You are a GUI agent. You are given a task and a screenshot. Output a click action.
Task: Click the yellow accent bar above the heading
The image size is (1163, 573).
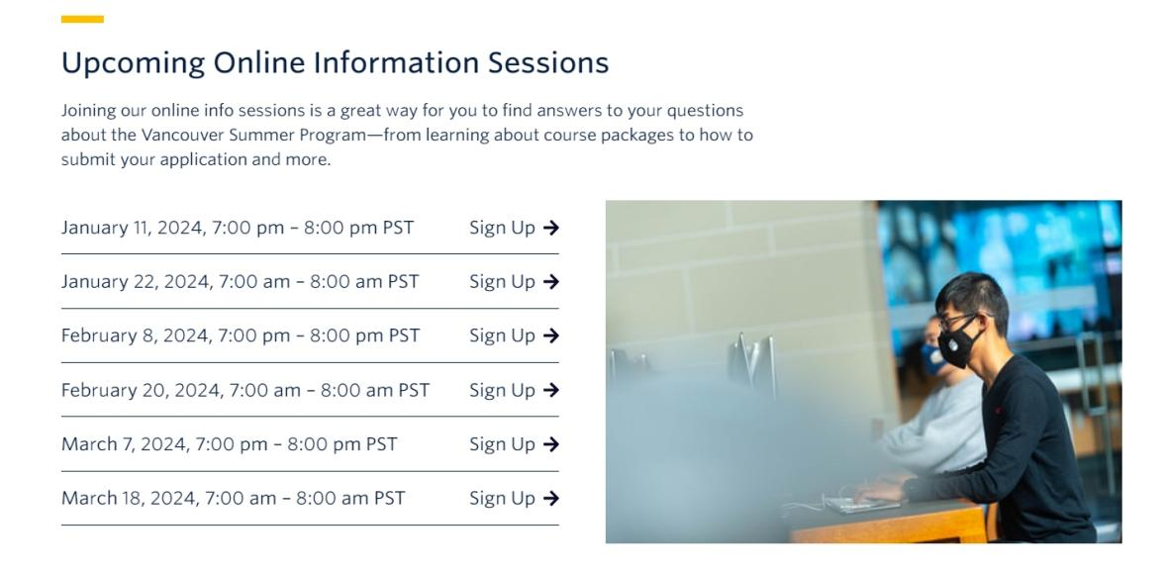pos(82,19)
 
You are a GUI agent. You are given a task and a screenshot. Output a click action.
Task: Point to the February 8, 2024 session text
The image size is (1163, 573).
pos(241,335)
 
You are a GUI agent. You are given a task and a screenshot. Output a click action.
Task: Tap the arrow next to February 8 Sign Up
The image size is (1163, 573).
pos(551,335)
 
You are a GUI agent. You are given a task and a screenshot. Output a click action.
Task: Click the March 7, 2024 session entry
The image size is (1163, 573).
pos(230,444)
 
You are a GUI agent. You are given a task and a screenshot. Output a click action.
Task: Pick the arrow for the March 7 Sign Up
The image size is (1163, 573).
pos(551,444)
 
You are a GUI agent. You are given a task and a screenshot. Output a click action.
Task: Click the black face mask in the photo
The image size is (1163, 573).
pos(959,343)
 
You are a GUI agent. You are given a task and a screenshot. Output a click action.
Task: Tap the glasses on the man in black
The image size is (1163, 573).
pos(956,321)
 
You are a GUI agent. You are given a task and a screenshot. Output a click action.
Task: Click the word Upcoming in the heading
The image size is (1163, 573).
pos(133,63)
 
